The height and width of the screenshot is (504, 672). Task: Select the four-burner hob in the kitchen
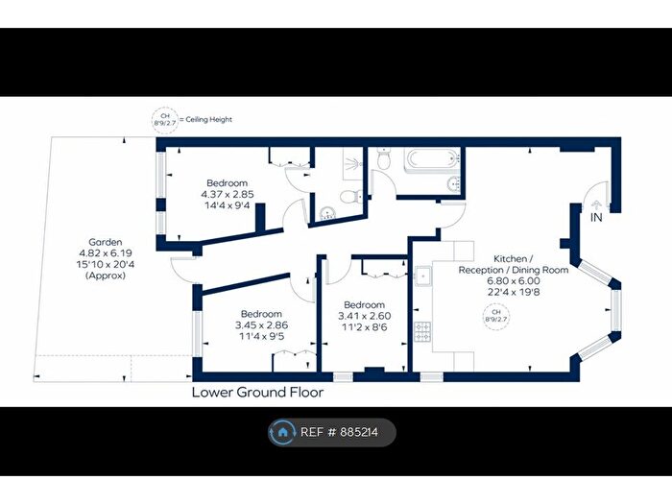tap(421, 331)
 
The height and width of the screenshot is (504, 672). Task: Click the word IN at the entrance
tap(596, 218)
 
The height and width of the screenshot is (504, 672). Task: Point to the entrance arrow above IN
tap(596, 204)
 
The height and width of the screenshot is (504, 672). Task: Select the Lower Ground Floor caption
tap(257, 392)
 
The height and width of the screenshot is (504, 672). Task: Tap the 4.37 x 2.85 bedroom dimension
tap(227, 194)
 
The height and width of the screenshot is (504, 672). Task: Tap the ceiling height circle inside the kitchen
tap(496, 317)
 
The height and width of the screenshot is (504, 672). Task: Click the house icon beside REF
tap(282, 432)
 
